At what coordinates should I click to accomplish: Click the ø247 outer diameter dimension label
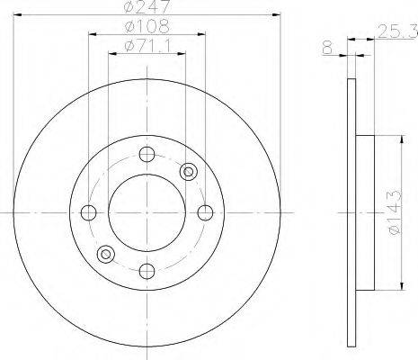[x=147, y=6]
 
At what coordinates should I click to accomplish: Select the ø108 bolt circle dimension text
[x=147, y=26]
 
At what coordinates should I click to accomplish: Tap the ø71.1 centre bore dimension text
[x=148, y=46]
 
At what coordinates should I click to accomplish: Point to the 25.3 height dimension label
[x=397, y=31]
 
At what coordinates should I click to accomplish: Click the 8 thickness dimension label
[x=328, y=48]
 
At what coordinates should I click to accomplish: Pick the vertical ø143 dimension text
[x=394, y=212]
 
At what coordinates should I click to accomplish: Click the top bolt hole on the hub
[x=147, y=154]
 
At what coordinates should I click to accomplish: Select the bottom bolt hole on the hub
[x=147, y=271]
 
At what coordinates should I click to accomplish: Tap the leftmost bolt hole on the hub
[x=89, y=212]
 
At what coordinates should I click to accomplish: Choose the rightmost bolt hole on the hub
[x=205, y=212]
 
